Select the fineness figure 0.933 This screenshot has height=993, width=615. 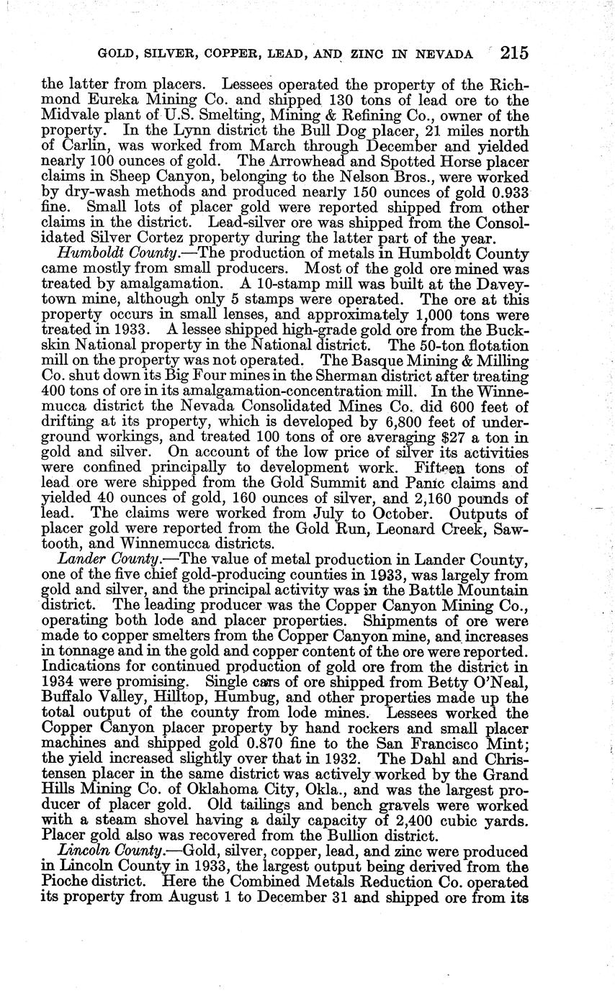coord(506,193)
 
